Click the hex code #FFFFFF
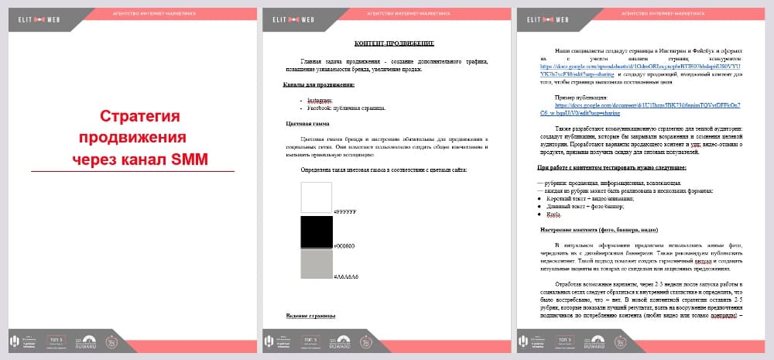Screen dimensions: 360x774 (x=344, y=211)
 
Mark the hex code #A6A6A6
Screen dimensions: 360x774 (x=346, y=276)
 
